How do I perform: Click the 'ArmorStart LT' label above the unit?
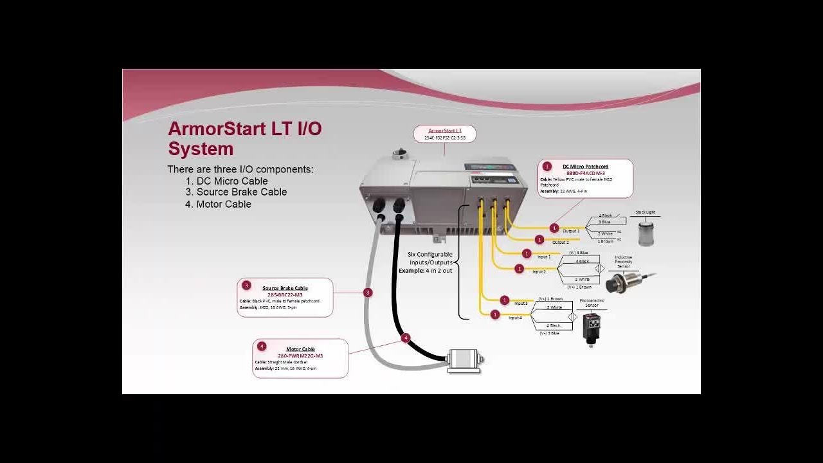(x=445, y=131)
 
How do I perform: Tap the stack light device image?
(x=646, y=232)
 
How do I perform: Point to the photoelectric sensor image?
(x=592, y=329)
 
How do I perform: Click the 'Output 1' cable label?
(x=571, y=231)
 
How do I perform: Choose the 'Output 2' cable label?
(x=560, y=242)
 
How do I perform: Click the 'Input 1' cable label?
(x=544, y=257)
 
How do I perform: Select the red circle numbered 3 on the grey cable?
(x=368, y=293)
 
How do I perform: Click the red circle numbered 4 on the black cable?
(x=405, y=338)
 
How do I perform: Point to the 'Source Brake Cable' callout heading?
(x=285, y=288)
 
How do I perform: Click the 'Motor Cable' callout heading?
(x=300, y=349)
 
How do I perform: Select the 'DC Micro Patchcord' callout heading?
(x=585, y=167)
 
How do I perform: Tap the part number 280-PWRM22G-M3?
(x=300, y=356)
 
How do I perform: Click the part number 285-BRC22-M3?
(x=285, y=295)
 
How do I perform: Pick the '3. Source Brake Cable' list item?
(x=236, y=192)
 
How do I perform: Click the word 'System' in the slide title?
(x=201, y=149)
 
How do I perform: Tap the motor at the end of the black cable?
(x=464, y=359)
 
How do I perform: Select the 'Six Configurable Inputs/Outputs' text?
(x=430, y=259)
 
